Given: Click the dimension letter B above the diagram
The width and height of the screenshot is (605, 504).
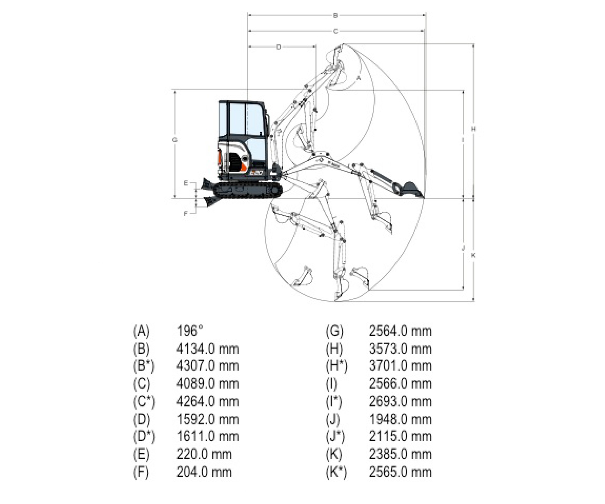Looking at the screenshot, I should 335,16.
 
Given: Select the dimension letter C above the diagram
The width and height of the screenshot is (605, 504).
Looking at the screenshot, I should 335,31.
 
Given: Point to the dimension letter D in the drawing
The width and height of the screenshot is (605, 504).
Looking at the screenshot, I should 278,47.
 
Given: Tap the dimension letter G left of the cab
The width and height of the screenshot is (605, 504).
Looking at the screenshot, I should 174,140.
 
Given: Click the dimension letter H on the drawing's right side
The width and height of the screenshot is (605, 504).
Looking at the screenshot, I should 473,129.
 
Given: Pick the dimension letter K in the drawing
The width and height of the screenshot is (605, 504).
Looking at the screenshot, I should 473,255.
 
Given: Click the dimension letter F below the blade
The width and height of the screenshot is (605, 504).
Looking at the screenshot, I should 186,214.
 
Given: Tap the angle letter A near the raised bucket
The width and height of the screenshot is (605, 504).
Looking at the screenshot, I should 359,78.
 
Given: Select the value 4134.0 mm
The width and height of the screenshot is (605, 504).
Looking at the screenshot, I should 207,349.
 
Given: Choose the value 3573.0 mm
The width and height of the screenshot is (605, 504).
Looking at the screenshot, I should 400,349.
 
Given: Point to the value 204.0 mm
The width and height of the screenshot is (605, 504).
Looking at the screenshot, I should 204,472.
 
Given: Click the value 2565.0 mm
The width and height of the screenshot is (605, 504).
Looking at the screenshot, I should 400,472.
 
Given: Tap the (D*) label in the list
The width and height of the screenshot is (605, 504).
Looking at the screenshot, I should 144,437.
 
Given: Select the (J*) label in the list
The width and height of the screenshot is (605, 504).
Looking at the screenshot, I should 335,437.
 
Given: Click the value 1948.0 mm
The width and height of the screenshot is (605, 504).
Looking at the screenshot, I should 400,420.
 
